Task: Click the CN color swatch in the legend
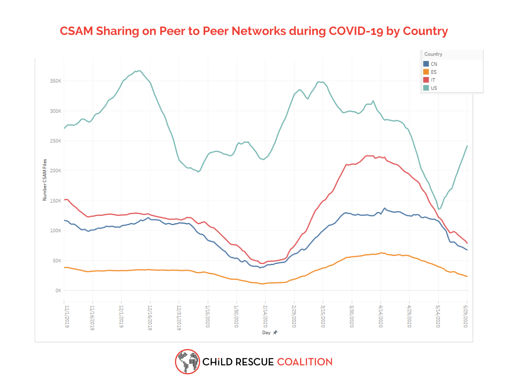point(426,64)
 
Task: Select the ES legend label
point(433,72)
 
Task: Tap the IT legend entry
point(433,80)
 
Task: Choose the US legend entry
point(433,88)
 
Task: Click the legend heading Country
point(433,54)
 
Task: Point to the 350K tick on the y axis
point(56,81)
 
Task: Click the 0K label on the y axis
point(58,291)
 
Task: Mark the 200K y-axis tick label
point(56,171)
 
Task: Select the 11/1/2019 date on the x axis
point(67,316)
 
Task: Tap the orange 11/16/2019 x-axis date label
point(92,317)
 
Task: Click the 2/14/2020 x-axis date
point(265,316)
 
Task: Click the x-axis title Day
point(266,333)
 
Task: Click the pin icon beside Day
point(275,332)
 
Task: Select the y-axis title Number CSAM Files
point(45,180)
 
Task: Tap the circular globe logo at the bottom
point(187,362)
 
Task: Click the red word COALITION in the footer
point(304,362)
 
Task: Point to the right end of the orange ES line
point(467,276)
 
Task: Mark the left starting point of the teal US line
point(64,128)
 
